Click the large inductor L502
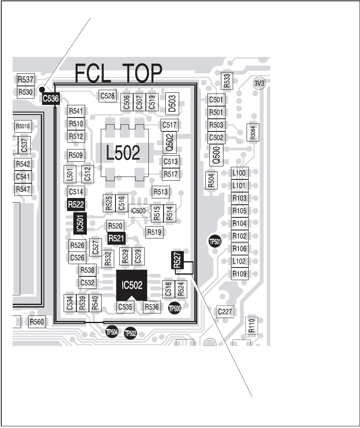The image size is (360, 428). pos(123,154)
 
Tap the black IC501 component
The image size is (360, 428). pos(80,222)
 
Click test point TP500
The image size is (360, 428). pos(175,308)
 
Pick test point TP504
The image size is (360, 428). pos(112,332)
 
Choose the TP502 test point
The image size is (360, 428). pos(131,334)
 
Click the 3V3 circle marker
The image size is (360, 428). pos(259,83)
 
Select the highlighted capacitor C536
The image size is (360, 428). pos(50,99)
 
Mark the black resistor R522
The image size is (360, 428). pos(76,205)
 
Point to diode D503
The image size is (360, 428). pos(172,102)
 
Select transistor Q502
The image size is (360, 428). pos(169,143)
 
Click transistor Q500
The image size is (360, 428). pos(216,155)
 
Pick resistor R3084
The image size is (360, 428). pos(253,133)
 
